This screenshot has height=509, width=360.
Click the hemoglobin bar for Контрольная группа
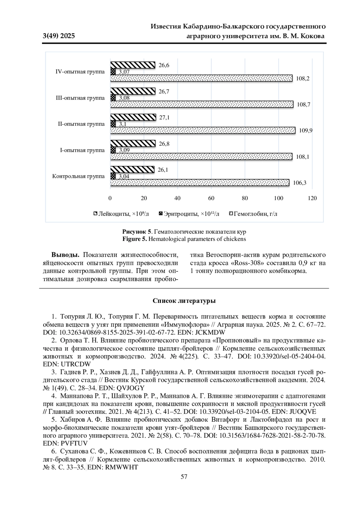[200, 182]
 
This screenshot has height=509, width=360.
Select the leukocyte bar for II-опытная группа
[133, 117]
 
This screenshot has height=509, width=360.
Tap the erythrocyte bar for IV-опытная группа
[113, 72]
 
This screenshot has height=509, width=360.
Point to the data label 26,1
[163, 170]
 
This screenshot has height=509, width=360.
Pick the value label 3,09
[124, 150]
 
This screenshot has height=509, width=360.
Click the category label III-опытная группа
[80, 98]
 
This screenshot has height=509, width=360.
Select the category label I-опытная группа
[82, 150]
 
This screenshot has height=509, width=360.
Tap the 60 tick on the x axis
[211, 198]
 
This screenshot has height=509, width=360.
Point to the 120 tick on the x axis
[312, 198]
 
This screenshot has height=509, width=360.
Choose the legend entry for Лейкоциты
[121, 214]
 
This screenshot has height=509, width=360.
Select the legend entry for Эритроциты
[189, 214]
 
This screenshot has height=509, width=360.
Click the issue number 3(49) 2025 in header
[59, 36]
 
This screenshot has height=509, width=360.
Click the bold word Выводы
[65, 255]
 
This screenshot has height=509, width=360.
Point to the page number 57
[184, 477]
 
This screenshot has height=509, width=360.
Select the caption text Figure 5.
[135, 239]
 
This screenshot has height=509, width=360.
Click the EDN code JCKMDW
[210, 332]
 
